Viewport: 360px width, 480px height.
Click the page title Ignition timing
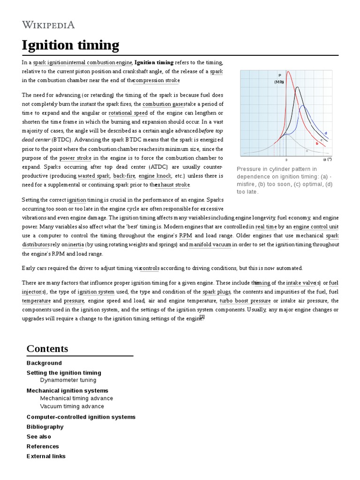coord(70,45)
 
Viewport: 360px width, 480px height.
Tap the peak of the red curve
coord(287,72)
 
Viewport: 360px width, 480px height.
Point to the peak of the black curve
coord(296,87)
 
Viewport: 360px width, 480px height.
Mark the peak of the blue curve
coord(303,106)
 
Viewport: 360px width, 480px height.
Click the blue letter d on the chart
coord(326,134)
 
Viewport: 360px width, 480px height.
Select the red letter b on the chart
coord(317,143)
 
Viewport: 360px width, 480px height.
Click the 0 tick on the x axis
coord(286,160)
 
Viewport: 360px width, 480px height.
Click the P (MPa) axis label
coord(279,78)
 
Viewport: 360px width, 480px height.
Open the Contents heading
coord(47,349)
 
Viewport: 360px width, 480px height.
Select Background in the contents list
coord(44,363)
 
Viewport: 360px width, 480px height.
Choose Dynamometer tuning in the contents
coord(68,380)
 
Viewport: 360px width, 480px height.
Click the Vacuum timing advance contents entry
coord(72,406)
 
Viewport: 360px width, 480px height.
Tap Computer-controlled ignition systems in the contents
coord(81,417)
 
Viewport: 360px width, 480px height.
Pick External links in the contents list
coord(46,456)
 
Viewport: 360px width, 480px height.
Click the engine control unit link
coord(315,226)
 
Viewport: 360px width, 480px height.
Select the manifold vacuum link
coord(210,245)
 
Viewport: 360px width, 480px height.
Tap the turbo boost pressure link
coord(245,300)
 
